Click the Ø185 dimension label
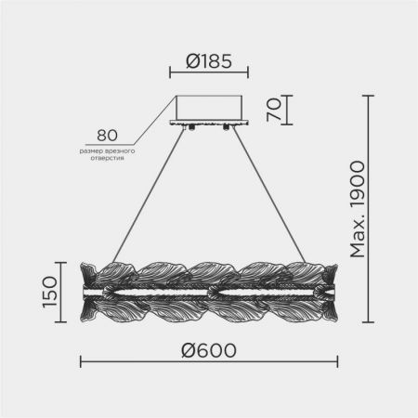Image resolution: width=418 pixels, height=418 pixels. point(209,61)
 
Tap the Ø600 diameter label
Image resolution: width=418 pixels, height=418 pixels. point(209,350)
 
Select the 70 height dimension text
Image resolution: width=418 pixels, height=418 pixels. point(274,110)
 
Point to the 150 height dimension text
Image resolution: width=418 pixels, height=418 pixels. point(50,293)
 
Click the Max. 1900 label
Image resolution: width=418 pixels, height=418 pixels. point(358,209)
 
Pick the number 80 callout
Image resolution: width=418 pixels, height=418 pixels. point(107,136)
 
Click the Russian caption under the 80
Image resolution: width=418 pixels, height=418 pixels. point(107,154)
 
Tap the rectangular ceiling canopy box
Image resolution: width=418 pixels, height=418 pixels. point(209,108)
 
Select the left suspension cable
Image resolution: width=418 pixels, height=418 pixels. point(150,195)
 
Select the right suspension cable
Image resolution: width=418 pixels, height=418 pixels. point(269,195)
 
